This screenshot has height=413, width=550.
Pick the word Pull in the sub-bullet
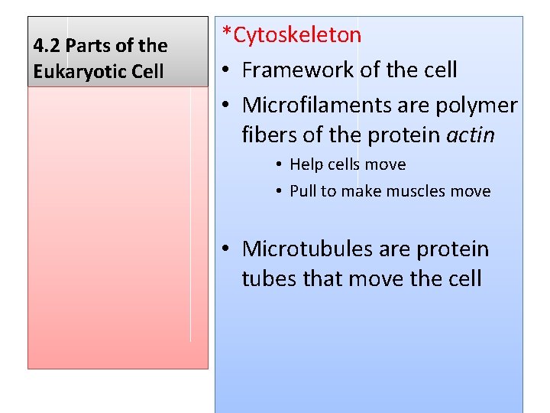coord(302,191)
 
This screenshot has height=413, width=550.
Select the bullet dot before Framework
coord(227,70)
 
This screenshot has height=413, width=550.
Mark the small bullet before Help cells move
coord(280,165)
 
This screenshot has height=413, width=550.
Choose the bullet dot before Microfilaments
coord(227,105)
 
